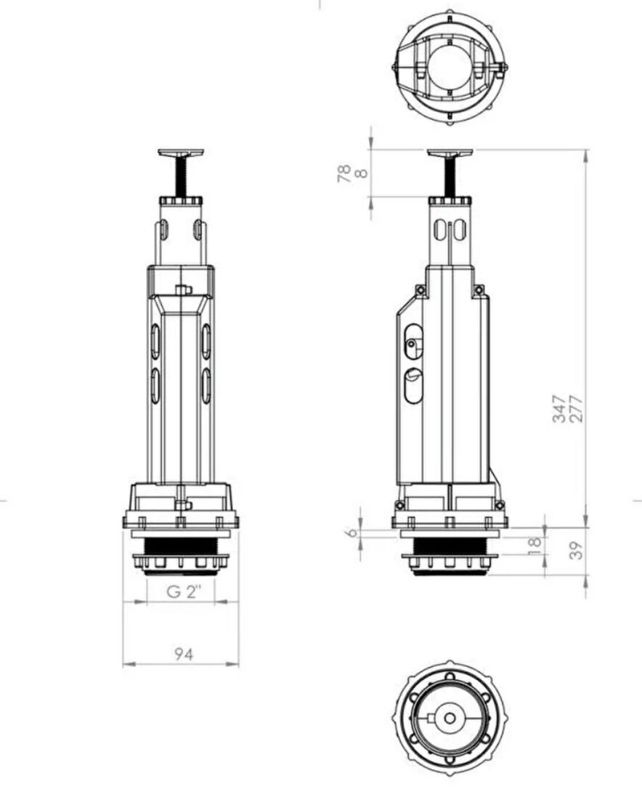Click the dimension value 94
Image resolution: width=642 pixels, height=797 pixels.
183,654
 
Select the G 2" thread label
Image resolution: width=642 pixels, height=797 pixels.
184,591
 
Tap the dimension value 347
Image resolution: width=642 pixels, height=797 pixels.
559,408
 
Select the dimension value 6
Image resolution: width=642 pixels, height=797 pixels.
351,533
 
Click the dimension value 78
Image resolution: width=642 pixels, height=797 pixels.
344,174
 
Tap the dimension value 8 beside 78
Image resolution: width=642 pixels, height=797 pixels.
361,174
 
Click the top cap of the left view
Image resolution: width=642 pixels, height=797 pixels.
181,153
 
